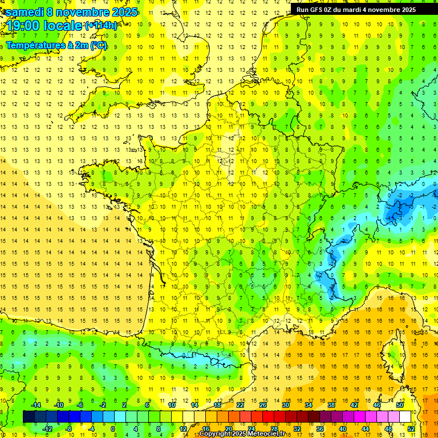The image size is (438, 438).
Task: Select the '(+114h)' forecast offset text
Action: [x=101, y=26]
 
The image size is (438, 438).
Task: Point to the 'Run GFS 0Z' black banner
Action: [x=356, y=9]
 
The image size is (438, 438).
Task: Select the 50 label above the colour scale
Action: [x=400, y=405]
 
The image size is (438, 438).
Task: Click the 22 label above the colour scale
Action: [x=240, y=405]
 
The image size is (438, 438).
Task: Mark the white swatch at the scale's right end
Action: [x=405, y=417]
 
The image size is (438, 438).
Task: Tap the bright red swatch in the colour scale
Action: [x=268, y=417]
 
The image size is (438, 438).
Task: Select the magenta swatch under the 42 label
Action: [x=354, y=417]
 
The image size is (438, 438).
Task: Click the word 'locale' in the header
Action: [x=64, y=26]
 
